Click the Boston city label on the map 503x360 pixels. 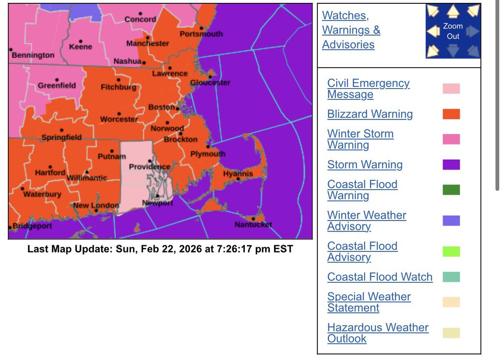[161, 107]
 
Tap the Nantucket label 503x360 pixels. [253, 224]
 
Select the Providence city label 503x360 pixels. [150, 167]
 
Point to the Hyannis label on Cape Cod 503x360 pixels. [238, 174]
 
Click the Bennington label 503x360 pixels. [33, 55]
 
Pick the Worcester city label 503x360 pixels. [119, 120]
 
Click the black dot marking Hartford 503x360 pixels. [50, 167]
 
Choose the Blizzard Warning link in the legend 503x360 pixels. [370, 114]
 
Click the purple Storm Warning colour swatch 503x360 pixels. [451, 164]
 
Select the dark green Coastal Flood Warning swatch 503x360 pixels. [451, 190]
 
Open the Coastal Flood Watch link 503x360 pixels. [380, 277]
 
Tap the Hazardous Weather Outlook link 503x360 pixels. [378, 333]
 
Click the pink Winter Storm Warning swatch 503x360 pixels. [451, 139]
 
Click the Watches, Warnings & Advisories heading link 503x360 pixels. [351, 30]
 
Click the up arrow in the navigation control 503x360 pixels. [453, 11]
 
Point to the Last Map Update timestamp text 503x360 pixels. [160, 249]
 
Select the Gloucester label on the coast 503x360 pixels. [210, 83]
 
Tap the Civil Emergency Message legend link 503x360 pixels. [368, 89]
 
